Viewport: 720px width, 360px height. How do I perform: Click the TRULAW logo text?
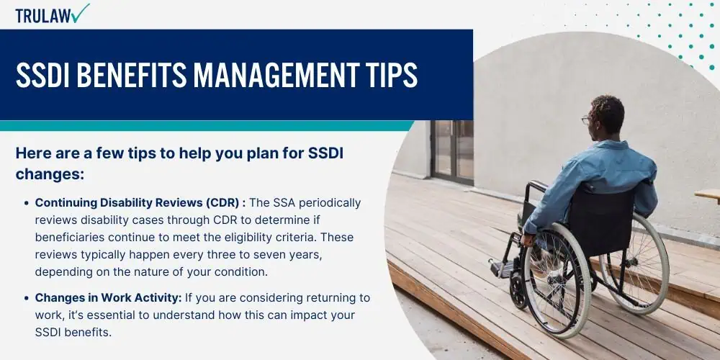[x=43, y=16]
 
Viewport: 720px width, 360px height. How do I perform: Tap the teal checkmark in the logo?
[x=81, y=13]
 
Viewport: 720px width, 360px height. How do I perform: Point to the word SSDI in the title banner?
[x=42, y=74]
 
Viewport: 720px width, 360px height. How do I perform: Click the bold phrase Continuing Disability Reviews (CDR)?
[x=140, y=202]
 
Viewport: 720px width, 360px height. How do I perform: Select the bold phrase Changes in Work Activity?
[x=109, y=297]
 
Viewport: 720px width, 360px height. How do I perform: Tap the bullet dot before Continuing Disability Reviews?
[x=27, y=203]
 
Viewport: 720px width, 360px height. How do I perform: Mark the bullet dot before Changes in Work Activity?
[x=27, y=298]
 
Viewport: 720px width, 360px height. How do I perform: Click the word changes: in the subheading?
[x=50, y=174]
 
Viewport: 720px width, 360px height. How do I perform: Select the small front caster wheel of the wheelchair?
[x=518, y=292]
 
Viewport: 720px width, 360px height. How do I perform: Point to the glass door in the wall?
[x=452, y=150]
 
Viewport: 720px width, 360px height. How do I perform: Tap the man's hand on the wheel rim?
[x=528, y=239]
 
